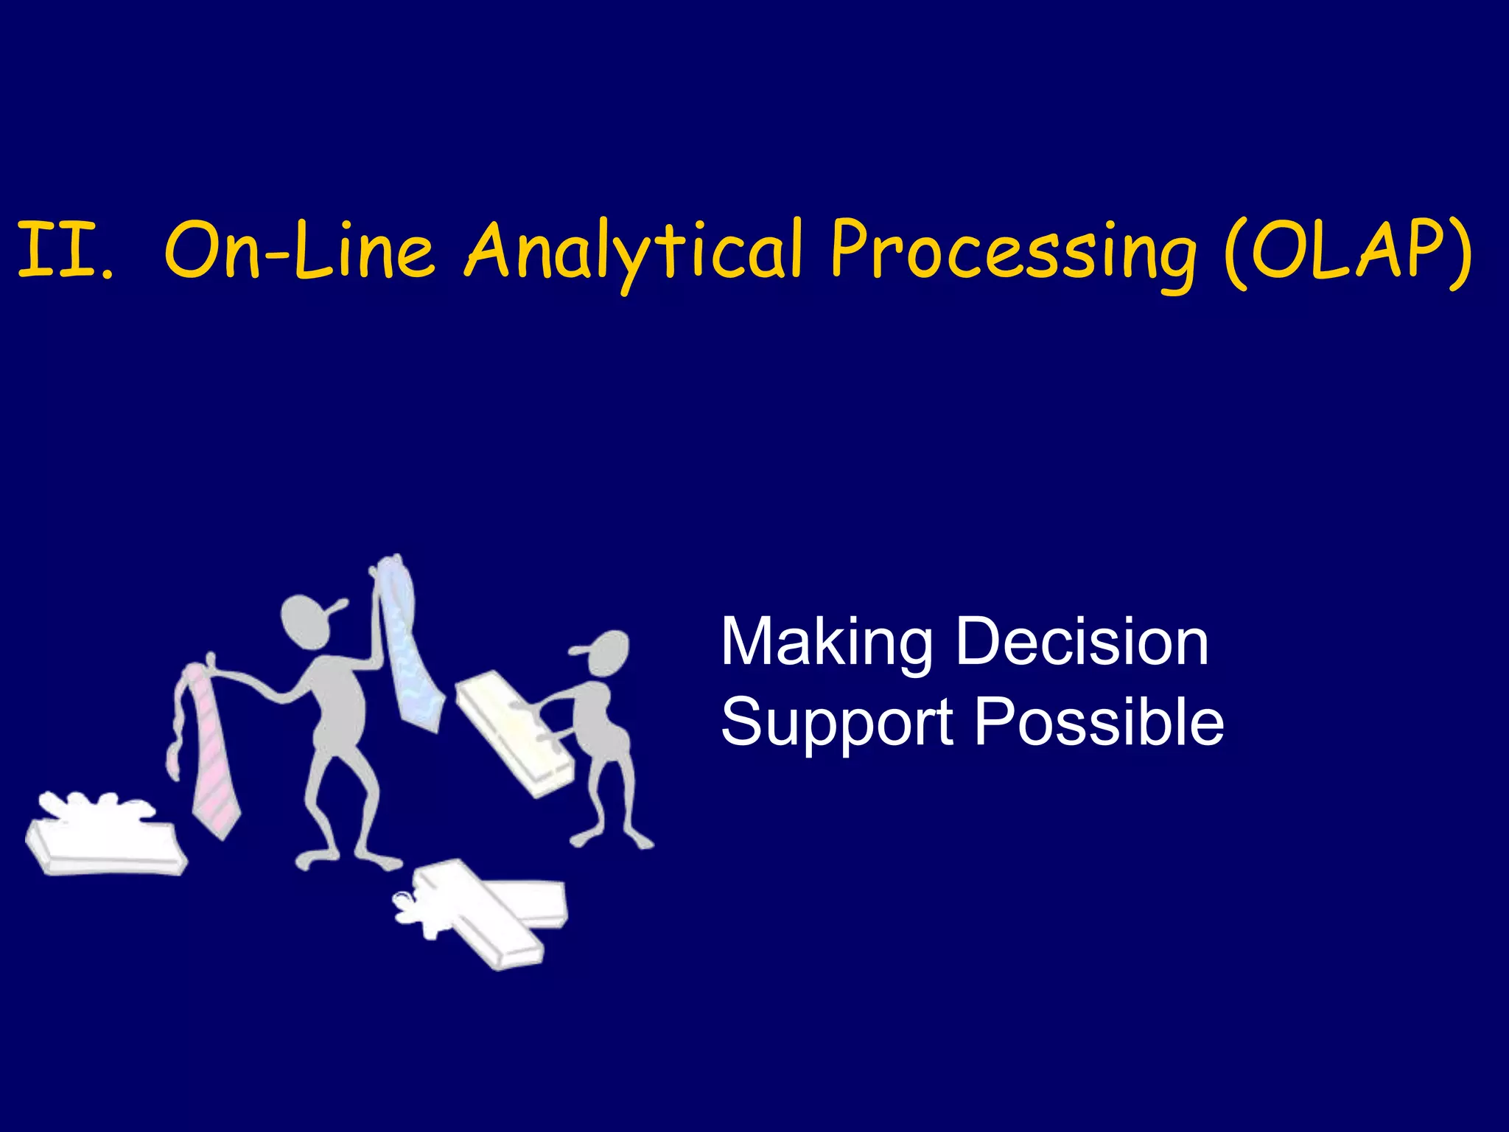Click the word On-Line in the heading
coord(298,251)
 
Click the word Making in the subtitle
coord(826,643)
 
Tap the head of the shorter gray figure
coord(609,653)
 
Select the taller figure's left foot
coord(313,859)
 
